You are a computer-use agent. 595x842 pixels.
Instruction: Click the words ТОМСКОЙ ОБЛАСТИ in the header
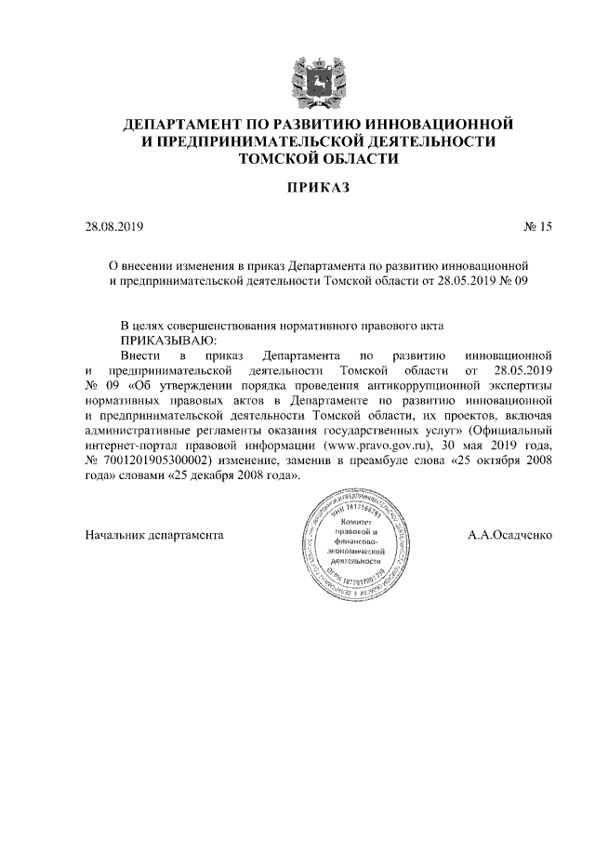pyautogui.click(x=319, y=158)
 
